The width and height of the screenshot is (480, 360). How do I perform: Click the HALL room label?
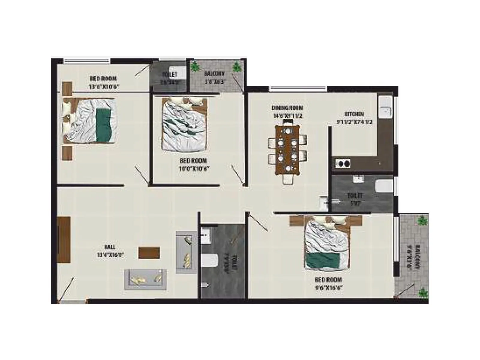[110, 247]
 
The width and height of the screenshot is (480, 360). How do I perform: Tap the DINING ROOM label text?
[287, 108]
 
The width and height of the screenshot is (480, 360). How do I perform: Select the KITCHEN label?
[354, 114]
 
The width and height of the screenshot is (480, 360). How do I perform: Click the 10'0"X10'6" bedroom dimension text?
[194, 169]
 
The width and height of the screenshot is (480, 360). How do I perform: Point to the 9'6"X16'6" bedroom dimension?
[328, 288]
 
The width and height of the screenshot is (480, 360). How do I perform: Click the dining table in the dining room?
[287, 150]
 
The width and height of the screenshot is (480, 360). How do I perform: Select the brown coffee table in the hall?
[149, 253]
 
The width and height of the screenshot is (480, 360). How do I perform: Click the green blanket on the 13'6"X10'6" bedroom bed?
[103, 125]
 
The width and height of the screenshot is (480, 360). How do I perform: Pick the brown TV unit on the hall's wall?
[64, 240]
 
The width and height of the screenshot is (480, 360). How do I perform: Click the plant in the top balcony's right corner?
[237, 67]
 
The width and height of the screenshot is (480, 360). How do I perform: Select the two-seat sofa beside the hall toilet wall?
[186, 252]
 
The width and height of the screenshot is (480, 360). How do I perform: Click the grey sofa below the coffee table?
[145, 279]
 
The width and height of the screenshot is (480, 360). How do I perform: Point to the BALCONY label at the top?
[214, 73]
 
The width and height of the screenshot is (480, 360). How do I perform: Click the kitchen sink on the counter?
[385, 107]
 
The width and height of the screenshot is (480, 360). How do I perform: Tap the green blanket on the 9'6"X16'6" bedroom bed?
[323, 260]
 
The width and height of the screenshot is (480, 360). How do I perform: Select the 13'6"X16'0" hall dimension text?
[110, 255]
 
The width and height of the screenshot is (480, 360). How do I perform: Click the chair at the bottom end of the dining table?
[287, 179]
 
